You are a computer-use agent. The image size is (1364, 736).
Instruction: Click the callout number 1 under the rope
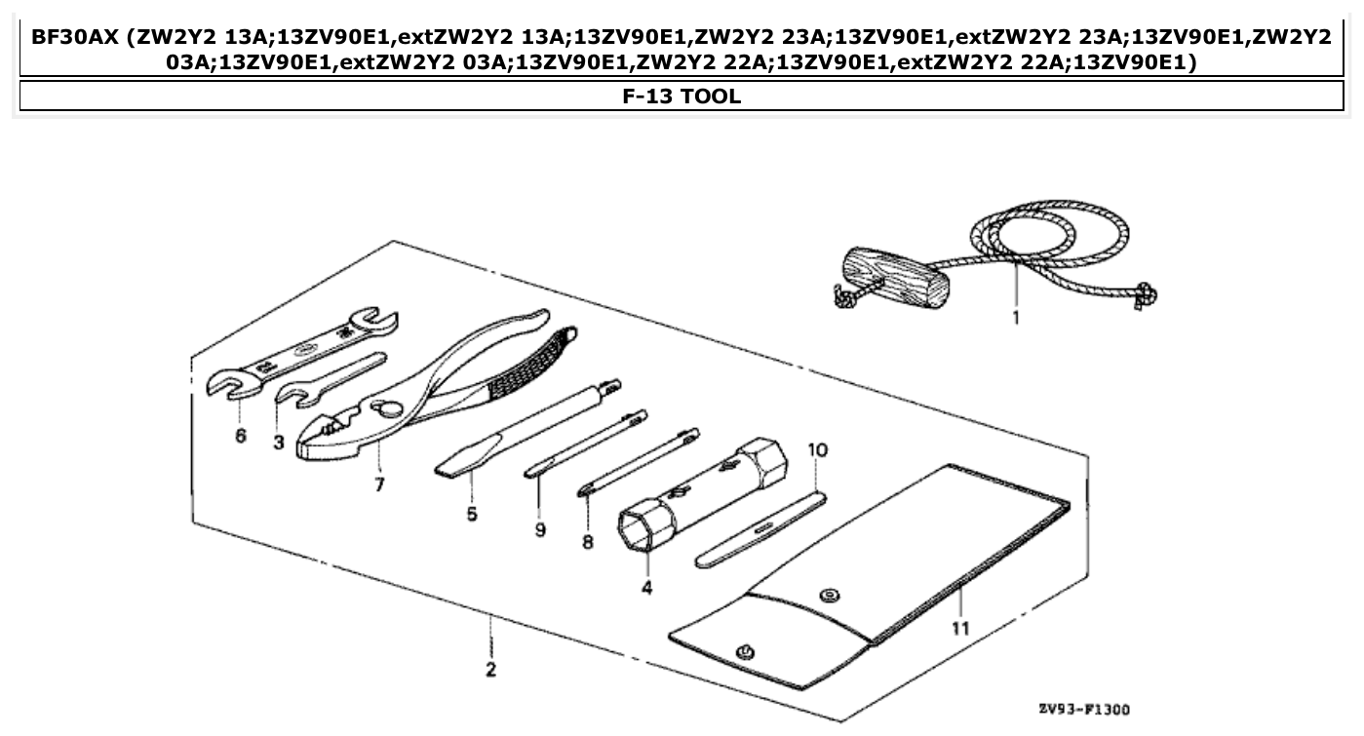[1015, 318]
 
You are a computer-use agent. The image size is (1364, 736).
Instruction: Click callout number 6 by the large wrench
[241, 436]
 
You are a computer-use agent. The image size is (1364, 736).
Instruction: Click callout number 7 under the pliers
[379, 484]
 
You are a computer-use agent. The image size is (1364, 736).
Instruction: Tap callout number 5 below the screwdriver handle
[472, 514]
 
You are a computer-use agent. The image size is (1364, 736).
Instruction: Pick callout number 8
[588, 542]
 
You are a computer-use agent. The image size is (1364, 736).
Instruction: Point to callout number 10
[817, 450]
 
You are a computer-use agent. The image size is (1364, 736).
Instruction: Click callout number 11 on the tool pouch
[960, 629]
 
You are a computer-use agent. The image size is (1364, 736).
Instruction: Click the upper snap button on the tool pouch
[829, 594]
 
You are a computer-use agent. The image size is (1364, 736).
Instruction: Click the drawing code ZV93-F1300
[1084, 709]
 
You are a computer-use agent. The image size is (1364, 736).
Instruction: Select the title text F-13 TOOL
[682, 97]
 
